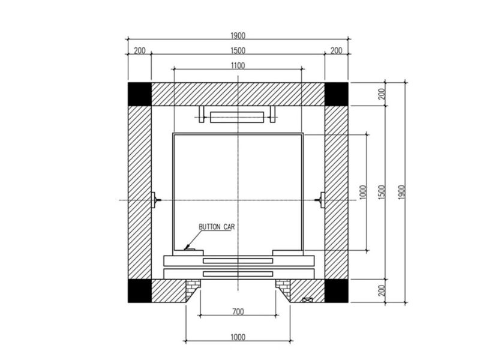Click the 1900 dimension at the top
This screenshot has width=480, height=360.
(238, 35)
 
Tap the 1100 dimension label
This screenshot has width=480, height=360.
(238, 65)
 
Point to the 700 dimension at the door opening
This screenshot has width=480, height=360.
(238, 312)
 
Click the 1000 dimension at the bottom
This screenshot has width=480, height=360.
(238, 337)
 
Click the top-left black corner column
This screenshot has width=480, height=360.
(139, 94)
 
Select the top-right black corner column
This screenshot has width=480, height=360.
(337, 94)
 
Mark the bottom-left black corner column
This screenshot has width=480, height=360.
(139, 290)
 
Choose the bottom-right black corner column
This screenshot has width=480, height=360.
(337, 290)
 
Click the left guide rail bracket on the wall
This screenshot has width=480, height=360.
(154, 199)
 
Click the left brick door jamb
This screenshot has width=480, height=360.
(192, 289)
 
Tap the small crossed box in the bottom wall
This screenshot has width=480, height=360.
(308, 299)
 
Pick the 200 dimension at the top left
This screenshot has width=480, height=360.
(139, 50)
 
